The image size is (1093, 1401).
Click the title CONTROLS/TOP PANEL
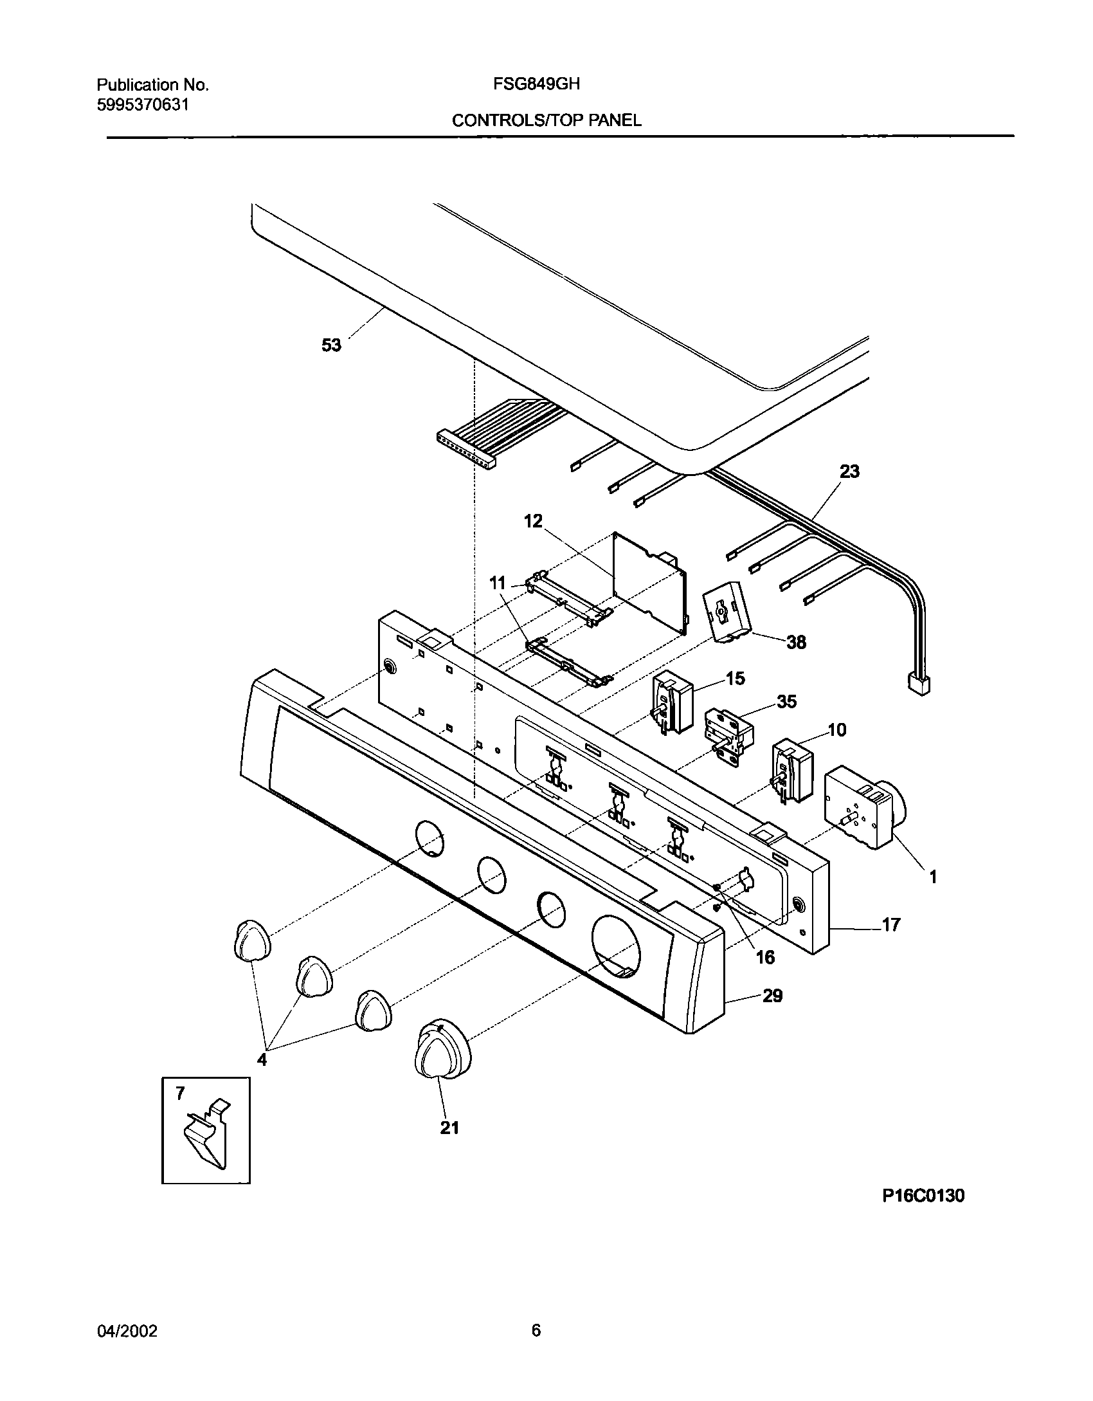coord(546,120)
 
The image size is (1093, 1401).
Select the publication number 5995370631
coord(143,105)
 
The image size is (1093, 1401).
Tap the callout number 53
coord(331,345)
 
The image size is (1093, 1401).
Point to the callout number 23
coord(849,472)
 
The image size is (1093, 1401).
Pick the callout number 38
coord(796,642)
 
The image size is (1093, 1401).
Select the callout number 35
coord(786,701)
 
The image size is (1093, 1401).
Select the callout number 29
coord(772,996)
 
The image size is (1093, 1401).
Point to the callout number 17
coord(890,925)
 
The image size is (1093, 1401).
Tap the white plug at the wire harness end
coord(918,684)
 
